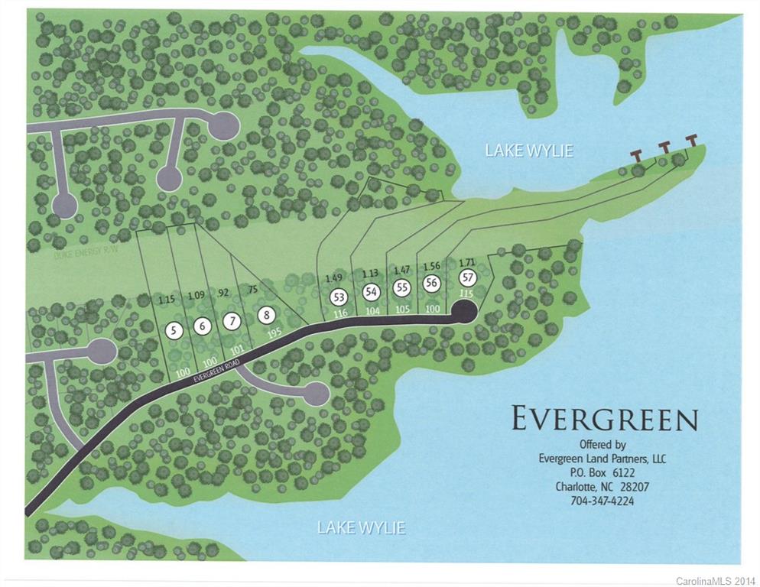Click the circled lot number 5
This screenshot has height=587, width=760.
175,331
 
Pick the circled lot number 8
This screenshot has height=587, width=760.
266,314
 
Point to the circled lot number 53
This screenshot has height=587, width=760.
338,297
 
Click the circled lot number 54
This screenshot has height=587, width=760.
372,291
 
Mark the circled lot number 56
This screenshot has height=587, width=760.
431,283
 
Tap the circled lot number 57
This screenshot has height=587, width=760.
466,277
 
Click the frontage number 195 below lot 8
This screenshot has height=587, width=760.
275,332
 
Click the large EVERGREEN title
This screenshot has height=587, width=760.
604,420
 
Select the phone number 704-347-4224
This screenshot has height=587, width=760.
603,501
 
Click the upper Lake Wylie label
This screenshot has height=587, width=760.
529,151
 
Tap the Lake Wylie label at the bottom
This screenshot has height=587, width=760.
361,527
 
